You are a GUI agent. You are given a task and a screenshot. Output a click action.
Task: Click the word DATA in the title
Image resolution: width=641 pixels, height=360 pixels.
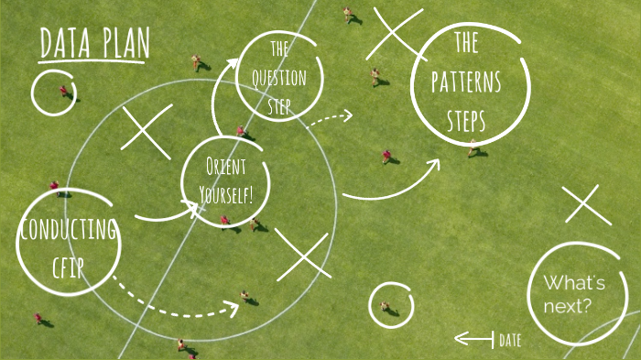(x=64, y=43)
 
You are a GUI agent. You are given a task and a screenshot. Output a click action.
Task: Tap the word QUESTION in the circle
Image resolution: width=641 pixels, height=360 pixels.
(x=278, y=77)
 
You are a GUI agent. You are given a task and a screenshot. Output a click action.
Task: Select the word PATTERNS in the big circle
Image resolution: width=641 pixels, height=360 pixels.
(x=466, y=83)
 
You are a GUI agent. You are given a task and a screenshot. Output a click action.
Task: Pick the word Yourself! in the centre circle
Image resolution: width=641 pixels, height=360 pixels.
(x=225, y=193)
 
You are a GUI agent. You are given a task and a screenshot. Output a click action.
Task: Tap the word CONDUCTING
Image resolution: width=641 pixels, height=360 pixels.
(x=68, y=229)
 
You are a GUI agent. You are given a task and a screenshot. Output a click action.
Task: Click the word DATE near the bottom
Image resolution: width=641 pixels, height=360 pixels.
(x=510, y=340)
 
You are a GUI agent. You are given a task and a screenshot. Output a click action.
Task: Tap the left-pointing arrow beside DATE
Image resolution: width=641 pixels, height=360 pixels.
(x=473, y=339)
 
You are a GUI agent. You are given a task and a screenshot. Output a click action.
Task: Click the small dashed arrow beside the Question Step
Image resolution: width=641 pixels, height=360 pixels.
(x=328, y=118)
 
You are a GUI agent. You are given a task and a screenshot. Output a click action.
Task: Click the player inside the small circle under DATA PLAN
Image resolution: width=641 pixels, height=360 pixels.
(x=64, y=92)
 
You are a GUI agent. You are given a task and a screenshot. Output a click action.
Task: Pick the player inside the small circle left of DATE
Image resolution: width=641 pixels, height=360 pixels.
(x=386, y=305)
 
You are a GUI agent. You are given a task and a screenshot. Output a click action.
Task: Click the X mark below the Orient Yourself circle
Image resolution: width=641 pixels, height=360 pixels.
(x=302, y=255)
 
